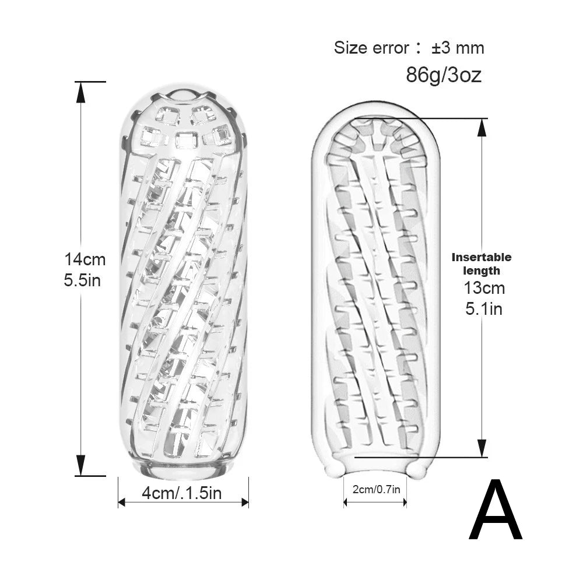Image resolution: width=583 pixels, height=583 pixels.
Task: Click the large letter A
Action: click(496, 510)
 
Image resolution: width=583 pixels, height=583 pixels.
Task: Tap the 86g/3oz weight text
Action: click(444, 75)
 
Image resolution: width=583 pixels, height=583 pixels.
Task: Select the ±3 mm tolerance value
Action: click(458, 48)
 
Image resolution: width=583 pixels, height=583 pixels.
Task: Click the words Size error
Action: click(371, 48)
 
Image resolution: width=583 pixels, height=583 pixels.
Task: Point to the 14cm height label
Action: click(85, 259)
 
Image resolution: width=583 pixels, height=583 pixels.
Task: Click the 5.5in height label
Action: click(83, 280)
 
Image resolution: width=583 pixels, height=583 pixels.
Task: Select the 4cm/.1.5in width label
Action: click(182, 493)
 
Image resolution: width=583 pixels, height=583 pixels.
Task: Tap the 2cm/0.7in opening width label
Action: click(376, 489)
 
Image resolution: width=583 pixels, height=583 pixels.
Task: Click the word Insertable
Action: click(482, 257)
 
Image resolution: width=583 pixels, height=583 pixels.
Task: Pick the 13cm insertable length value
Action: click(484, 288)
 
